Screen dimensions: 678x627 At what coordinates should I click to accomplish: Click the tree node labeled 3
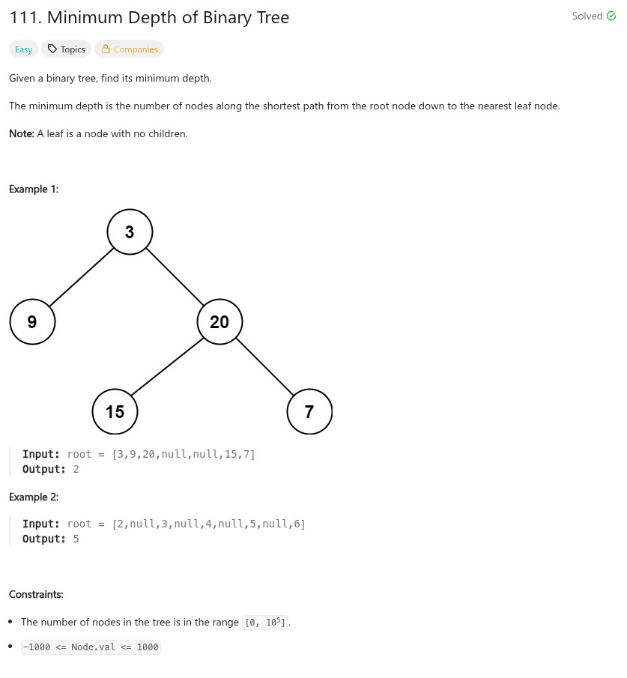130,232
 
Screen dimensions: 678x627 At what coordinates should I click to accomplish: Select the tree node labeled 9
32,322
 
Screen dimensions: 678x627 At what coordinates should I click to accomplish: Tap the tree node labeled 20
219,322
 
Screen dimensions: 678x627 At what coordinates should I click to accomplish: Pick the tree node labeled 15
115,411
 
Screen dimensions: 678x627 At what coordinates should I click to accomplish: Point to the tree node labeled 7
309,411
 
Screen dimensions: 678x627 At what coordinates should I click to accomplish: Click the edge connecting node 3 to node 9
81,276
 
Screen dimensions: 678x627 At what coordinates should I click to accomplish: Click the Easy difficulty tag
23,49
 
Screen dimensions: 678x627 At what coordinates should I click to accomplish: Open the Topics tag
66,49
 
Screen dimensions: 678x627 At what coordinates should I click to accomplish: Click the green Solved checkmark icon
611,16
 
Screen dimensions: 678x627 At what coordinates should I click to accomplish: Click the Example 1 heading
34,189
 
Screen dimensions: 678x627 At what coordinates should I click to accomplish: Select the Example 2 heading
34,497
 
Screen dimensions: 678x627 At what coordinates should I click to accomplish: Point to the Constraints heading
36,594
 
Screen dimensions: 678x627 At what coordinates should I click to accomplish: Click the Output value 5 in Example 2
76,539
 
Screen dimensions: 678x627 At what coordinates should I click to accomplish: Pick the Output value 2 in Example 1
76,469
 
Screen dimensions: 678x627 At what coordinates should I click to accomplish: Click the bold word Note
21,133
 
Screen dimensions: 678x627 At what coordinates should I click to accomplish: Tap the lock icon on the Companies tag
106,49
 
